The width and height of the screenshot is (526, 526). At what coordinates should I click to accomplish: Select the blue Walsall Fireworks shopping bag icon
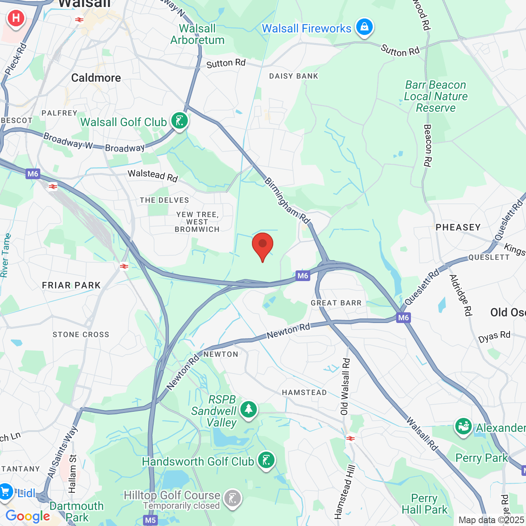pos(364,28)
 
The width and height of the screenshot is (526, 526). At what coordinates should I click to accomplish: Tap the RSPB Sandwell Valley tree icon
pos(249,410)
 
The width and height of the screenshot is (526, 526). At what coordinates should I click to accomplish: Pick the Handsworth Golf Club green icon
pos(266,460)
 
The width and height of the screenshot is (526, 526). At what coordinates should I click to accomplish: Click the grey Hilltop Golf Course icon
pos(233,499)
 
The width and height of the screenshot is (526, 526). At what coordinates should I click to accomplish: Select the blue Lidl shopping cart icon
pos(6,492)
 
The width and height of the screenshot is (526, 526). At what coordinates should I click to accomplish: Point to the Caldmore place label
pos(96,78)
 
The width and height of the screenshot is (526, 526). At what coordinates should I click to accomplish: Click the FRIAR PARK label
pos(72,285)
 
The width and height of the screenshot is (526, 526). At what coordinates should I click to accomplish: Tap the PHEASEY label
pos(458,227)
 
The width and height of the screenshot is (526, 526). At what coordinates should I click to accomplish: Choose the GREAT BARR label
pos(336,303)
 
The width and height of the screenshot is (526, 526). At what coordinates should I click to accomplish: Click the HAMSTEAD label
pos(305,392)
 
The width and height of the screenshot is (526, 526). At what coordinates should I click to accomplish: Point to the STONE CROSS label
pos(81,335)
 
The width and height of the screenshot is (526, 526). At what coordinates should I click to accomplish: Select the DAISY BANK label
pos(294,76)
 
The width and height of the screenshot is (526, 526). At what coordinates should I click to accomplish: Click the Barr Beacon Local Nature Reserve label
pos(436,96)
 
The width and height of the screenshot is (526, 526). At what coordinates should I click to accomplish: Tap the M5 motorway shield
pos(150,520)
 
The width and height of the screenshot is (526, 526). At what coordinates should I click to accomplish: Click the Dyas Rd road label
pos(494,337)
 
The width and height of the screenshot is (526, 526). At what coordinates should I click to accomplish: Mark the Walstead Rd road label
pos(153,175)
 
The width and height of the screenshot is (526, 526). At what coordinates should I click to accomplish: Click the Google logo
pos(28,517)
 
